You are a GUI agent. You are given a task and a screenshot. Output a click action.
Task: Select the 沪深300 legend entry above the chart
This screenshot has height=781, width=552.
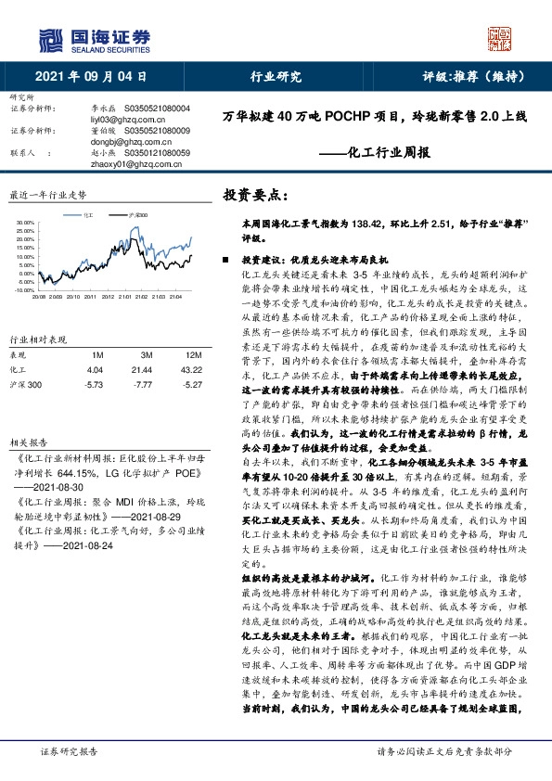tap(139, 214)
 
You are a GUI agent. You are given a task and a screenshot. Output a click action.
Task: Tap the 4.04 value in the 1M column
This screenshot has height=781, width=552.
tap(94, 343)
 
